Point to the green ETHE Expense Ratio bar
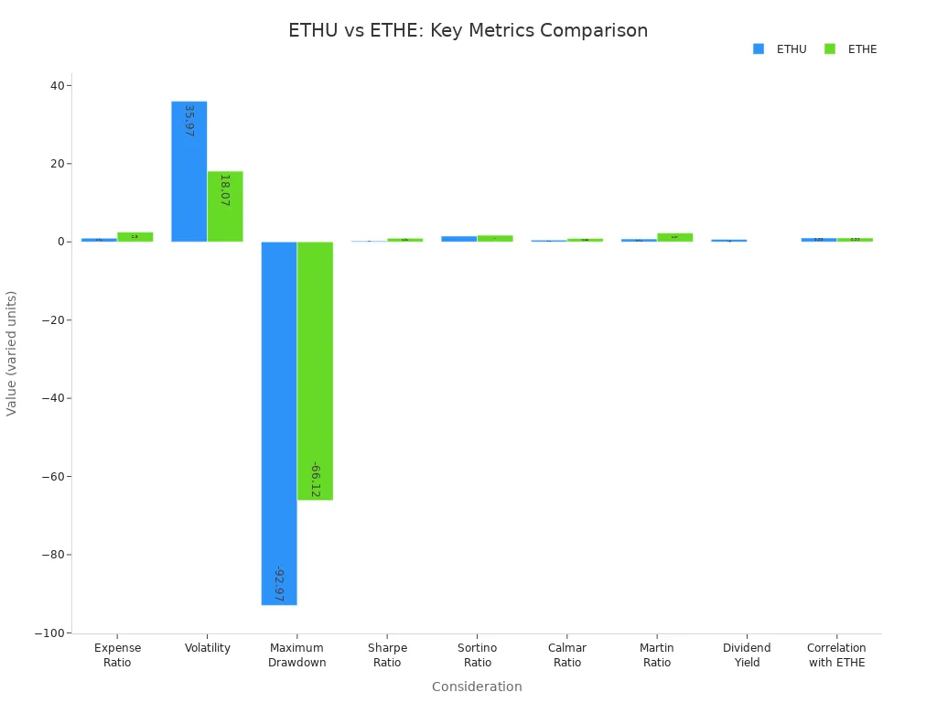coord(135,236)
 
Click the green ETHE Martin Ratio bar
coord(675,237)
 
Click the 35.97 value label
coord(188,121)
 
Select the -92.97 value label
coord(279,584)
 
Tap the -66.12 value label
coord(315,480)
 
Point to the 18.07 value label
coord(224,189)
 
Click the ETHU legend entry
coord(781,49)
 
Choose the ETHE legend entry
coord(852,49)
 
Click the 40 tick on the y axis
coord(58,86)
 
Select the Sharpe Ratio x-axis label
coord(387,655)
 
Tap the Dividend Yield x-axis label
coord(747,655)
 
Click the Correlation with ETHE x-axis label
coord(836,655)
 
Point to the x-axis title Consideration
coord(477,687)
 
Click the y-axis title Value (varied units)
coord(12,352)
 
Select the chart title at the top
coord(468,30)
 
